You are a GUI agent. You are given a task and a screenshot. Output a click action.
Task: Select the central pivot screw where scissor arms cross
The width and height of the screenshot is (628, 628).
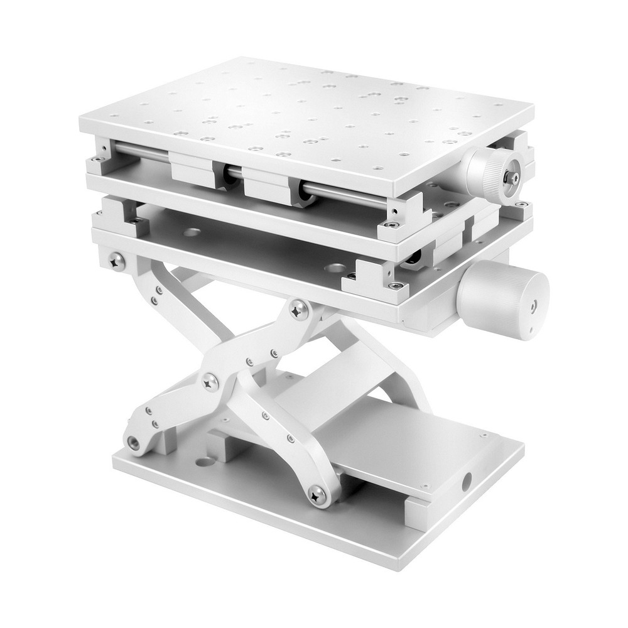pyautogui.click(x=210, y=381)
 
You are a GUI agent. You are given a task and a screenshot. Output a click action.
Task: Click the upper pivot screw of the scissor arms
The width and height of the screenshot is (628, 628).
pyautogui.click(x=298, y=308)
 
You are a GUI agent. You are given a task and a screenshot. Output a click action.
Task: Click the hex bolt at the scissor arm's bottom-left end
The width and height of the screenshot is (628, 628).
pyautogui.click(x=134, y=442)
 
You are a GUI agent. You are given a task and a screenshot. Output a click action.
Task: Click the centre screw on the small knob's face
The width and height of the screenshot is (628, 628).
pyautogui.click(x=514, y=178)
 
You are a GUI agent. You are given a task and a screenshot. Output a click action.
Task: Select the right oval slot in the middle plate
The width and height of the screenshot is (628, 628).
pyautogui.click(x=334, y=268)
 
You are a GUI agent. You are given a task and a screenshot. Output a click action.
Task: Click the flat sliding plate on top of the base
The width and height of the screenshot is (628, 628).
pyautogui.click(x=402, y=440)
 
